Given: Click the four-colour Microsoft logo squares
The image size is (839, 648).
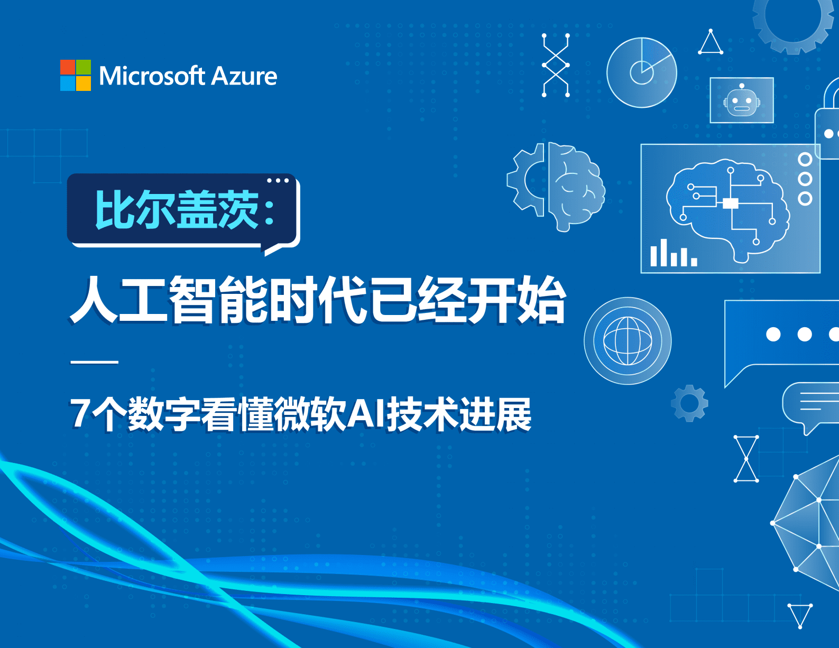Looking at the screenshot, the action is click(x=76, y=75).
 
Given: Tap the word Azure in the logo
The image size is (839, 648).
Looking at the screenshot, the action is click(x=244, y=76).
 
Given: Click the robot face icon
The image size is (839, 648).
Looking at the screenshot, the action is click(x=742, y=100).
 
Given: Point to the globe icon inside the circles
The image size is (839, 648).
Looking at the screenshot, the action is click(x=628, y=341).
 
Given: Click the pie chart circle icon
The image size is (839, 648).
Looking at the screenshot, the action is click(x=642, y=72).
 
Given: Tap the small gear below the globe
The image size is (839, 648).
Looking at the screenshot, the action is click(x=689, y=403).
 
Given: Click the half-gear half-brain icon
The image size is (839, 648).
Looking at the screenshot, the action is click(x=556, y=187).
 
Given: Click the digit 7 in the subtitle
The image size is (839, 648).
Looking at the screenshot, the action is click(x=80, y=413).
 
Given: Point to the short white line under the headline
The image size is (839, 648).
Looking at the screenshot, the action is click(x=94, y=362).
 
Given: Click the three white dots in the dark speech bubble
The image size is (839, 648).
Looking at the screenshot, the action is click(x=278, y=180).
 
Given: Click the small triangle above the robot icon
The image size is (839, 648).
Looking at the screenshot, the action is click(x=711, y=42).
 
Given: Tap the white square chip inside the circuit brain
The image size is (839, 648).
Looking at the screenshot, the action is click(x=731, y=203).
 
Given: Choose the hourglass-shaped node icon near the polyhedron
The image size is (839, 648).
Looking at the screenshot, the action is click(x=746, y=459).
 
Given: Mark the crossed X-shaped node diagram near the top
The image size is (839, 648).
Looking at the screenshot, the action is click(x=556, y=65).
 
